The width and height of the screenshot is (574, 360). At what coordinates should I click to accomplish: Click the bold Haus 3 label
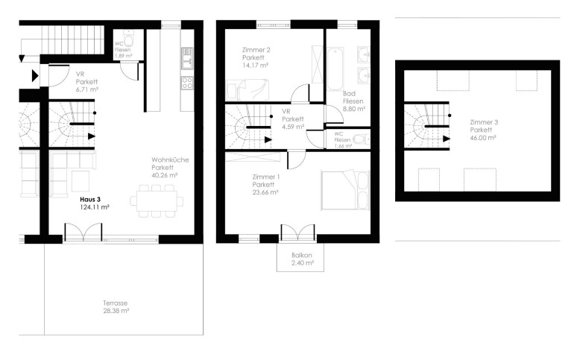[x=90, y=200]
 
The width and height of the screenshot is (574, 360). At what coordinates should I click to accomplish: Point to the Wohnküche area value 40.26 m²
[x=164, y=175]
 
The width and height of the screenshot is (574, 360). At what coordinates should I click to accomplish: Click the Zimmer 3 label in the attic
[x=484, y=122]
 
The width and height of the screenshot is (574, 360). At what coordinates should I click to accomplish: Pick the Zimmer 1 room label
[x=266, y=177]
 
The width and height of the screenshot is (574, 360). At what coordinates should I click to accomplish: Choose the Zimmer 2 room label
[x=256, y=50]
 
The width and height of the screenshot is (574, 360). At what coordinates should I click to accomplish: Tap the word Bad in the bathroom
[x=349, y=94]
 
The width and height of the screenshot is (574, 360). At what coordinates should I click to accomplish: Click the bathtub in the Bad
[x=335, y=69]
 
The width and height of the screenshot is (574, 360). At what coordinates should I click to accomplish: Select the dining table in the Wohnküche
[x=157, y=201]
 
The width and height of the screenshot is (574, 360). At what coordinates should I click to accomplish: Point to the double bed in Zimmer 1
[x=345, y=189]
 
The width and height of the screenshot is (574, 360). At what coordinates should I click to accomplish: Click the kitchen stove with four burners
[x=187, y=83]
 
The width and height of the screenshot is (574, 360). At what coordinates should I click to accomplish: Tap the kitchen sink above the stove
[x=187, y=59]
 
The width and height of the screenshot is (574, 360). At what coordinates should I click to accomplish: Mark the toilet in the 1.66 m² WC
[x=360, y=139]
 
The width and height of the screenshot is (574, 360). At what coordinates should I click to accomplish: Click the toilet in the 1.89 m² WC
[x=128, y=37]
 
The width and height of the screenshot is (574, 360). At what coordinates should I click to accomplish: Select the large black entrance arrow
[x=35, y=76]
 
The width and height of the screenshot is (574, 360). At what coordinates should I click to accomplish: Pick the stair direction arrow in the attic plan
[x=447, y=139]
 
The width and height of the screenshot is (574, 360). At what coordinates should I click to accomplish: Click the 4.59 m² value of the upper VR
[x=293, y=127]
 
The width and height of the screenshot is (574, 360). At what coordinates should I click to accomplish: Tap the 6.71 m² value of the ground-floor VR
[x=86, y=89]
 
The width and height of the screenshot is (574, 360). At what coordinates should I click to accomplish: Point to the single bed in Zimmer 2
[x=247, y=89]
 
